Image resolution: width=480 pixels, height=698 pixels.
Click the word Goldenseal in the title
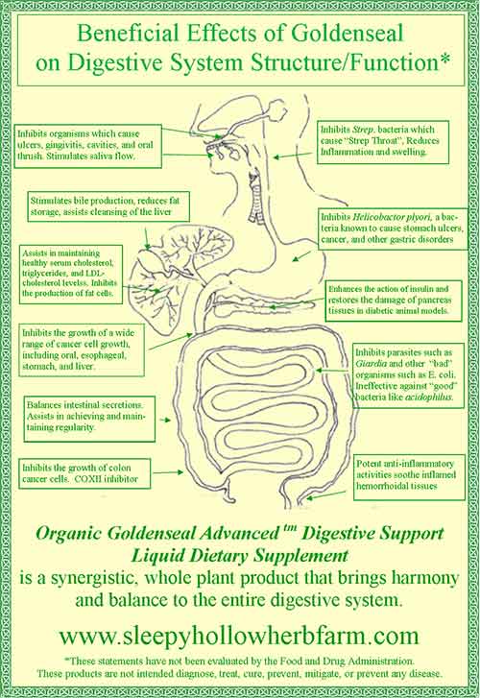tap(348, 34)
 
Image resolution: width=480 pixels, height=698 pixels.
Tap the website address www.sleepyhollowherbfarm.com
tap(239, 636)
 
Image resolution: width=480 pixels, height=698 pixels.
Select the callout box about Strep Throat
tap(383, 141)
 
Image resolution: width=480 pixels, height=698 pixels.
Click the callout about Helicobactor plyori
tap(394, 229)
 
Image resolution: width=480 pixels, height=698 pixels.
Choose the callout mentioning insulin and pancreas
tap(394, 300)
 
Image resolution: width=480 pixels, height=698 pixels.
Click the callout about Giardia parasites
tap(408, 374)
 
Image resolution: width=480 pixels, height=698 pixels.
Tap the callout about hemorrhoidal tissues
tap(409, 475)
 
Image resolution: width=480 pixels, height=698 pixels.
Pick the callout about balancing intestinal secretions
tap(89, 418)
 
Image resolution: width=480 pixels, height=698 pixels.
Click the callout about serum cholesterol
tap(71, 275)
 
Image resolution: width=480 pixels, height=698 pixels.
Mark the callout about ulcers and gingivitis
tap(87, 146)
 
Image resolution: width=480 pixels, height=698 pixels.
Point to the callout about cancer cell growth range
tap(82, 350)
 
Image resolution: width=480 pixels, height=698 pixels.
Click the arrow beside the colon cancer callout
tap(170, 471)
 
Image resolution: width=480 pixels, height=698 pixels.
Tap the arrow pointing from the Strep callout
tap(295, 156)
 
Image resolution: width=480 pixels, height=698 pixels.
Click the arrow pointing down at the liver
tap(147, 238)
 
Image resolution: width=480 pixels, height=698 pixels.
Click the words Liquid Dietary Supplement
tap(240, 556)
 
